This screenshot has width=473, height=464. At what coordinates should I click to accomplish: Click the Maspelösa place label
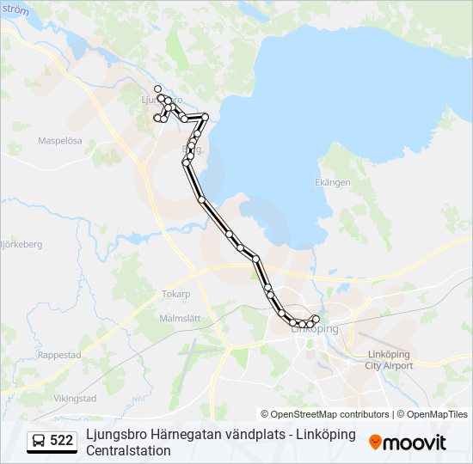pyautogui.click(x=60, y=140)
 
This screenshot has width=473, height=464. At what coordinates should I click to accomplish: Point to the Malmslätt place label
pyautogui.click(x=180, y=318)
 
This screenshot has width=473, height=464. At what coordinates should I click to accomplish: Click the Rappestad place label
pyautogui.click(x=59, y=353)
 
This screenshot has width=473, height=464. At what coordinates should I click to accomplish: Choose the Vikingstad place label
pyautogui.click(x=75, y=399)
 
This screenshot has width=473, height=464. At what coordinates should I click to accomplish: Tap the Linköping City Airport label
pyautogui.click(x=389, y=360)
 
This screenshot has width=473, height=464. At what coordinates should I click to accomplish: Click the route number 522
pyautogui.click(x=61, y=440)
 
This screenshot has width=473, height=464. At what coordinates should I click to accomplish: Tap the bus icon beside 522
pyautogui.click(x=39, y=441)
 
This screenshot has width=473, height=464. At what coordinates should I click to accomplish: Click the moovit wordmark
pyautogui.click(x=415, y=443)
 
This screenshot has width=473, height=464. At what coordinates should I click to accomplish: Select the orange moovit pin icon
pyautogui.click(x=375, y=443)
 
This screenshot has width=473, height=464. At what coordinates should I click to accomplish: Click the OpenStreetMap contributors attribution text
pyautogui.click(x=324, y=414)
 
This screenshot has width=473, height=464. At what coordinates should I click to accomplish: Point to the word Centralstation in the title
pyautogui.click(x=129, y=450)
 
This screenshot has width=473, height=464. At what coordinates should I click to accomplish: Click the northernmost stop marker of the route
pyautogui.click(x=157, y=89)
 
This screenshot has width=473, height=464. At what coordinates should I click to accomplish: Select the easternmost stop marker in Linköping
pyautogui.click(x=316, y=320)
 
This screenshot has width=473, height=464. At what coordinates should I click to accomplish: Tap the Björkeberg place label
pyautogui.click(x=21, y=244)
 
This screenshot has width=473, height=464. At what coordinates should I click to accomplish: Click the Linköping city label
pyautogui.click(x=315, y=329)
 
